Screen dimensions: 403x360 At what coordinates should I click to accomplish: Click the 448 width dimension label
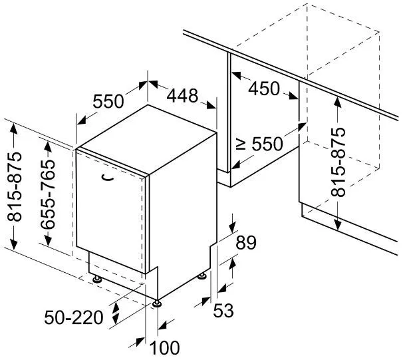pyautogui.click(x=182, y=96)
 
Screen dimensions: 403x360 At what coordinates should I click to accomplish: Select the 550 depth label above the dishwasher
pyautogui.click(x=108, y=101)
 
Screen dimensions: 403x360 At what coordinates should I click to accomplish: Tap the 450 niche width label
pyautogui.click(x=264, y=89)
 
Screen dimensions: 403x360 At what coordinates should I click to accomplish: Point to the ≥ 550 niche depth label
pyautogui.click(x=259, y=144)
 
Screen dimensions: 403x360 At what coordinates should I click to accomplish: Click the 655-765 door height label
pyautogui.click(x=48, y=194)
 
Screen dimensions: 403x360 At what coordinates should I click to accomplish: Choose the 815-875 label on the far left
pyautogui.click(x=15, y=187)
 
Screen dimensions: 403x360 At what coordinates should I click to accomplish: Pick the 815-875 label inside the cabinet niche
pyautogui.click(x=338, y=162)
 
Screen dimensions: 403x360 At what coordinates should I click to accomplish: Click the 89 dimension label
pyautogui.click(x=246, y=242)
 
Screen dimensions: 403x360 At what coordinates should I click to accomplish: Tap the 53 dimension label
pyautogui.click(x=223, y=310)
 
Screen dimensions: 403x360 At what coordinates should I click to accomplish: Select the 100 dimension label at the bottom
pyautogui.click(x=164, y=348)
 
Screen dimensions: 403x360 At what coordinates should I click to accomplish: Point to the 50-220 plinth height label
pyautogui.click(x=74, y=317)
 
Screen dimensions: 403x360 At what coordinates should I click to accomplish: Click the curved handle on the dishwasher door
pyautogui.click(x=107, y=178)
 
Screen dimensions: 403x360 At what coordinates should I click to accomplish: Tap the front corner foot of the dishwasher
pyautogui.click(x=157, y=303)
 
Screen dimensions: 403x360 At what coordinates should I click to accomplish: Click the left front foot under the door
pyautogui.click(x=96, y=279)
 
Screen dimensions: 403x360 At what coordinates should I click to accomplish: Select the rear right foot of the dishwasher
pyautogui.click(x=201, y=276)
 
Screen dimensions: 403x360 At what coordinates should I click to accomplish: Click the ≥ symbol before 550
pyautogui.click(x=241, y=144)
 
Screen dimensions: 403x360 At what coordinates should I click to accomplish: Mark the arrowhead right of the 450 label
pyautogui.click(x=293, y=95)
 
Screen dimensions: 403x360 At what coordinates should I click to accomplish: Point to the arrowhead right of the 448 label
pyautogui.click(x=211, y=105)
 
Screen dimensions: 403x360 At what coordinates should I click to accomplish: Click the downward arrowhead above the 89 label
pyautogui.click(x=232, y=226)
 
